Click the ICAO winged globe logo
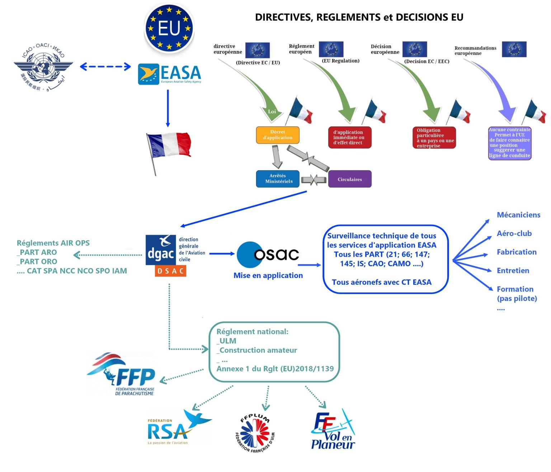pos(43,67)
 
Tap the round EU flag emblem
pos(169,28)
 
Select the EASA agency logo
pos(170,74)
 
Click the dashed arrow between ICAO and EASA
pos(105,66)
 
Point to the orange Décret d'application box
pos(277,135)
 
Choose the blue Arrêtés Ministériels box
pos(278,179)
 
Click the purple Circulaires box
pos(350,179)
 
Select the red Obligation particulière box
pos(434,138)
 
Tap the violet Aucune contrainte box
pos(509,143)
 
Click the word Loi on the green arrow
pos(272,112)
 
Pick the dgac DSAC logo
pos(166,255)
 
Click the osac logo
pos(268,254)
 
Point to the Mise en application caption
pos(268,275)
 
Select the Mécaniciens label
pos(518,215)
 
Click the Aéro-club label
pos(514,233)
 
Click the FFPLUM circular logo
pos(255,433)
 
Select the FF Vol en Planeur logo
pos(333,430)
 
